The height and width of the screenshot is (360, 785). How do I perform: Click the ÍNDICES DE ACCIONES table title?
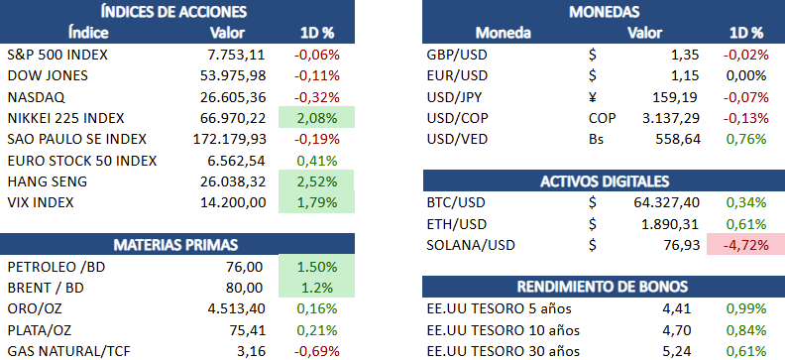coord(173,11)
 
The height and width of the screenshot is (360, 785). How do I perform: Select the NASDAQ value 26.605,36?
coord(232,97)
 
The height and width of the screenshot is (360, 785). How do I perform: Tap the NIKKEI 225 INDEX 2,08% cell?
coord(316,118)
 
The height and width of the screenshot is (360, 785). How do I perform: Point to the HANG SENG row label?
coord(48,181)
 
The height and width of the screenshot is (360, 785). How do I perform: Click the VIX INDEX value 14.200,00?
coord(232,202)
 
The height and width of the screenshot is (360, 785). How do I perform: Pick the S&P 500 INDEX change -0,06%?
coord(317,55)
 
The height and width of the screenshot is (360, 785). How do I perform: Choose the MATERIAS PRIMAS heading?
coord(175,245)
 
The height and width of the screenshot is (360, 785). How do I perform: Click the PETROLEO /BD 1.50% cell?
coord(316,267)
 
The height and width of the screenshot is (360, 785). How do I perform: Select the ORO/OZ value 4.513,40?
coord(236,309)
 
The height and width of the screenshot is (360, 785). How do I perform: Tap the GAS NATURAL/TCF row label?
coord(69,351)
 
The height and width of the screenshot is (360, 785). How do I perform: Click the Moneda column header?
coord(504,33)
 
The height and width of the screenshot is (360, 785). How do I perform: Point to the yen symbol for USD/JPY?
coord(594,97)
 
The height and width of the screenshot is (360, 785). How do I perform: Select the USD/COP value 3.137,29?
coord(670,118)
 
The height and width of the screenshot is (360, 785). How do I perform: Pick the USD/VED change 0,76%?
coord(746,139)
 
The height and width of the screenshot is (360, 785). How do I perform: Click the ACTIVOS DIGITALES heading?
coord(605,181)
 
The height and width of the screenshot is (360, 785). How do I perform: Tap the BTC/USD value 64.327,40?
coord(667,202)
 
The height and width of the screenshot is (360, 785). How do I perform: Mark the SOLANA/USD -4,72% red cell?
coord(745,245)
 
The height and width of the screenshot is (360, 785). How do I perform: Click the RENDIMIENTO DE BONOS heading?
coord(603,287)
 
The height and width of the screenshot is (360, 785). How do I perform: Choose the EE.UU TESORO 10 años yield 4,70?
coord(679,330)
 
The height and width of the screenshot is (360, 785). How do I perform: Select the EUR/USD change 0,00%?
coord(746,75)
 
